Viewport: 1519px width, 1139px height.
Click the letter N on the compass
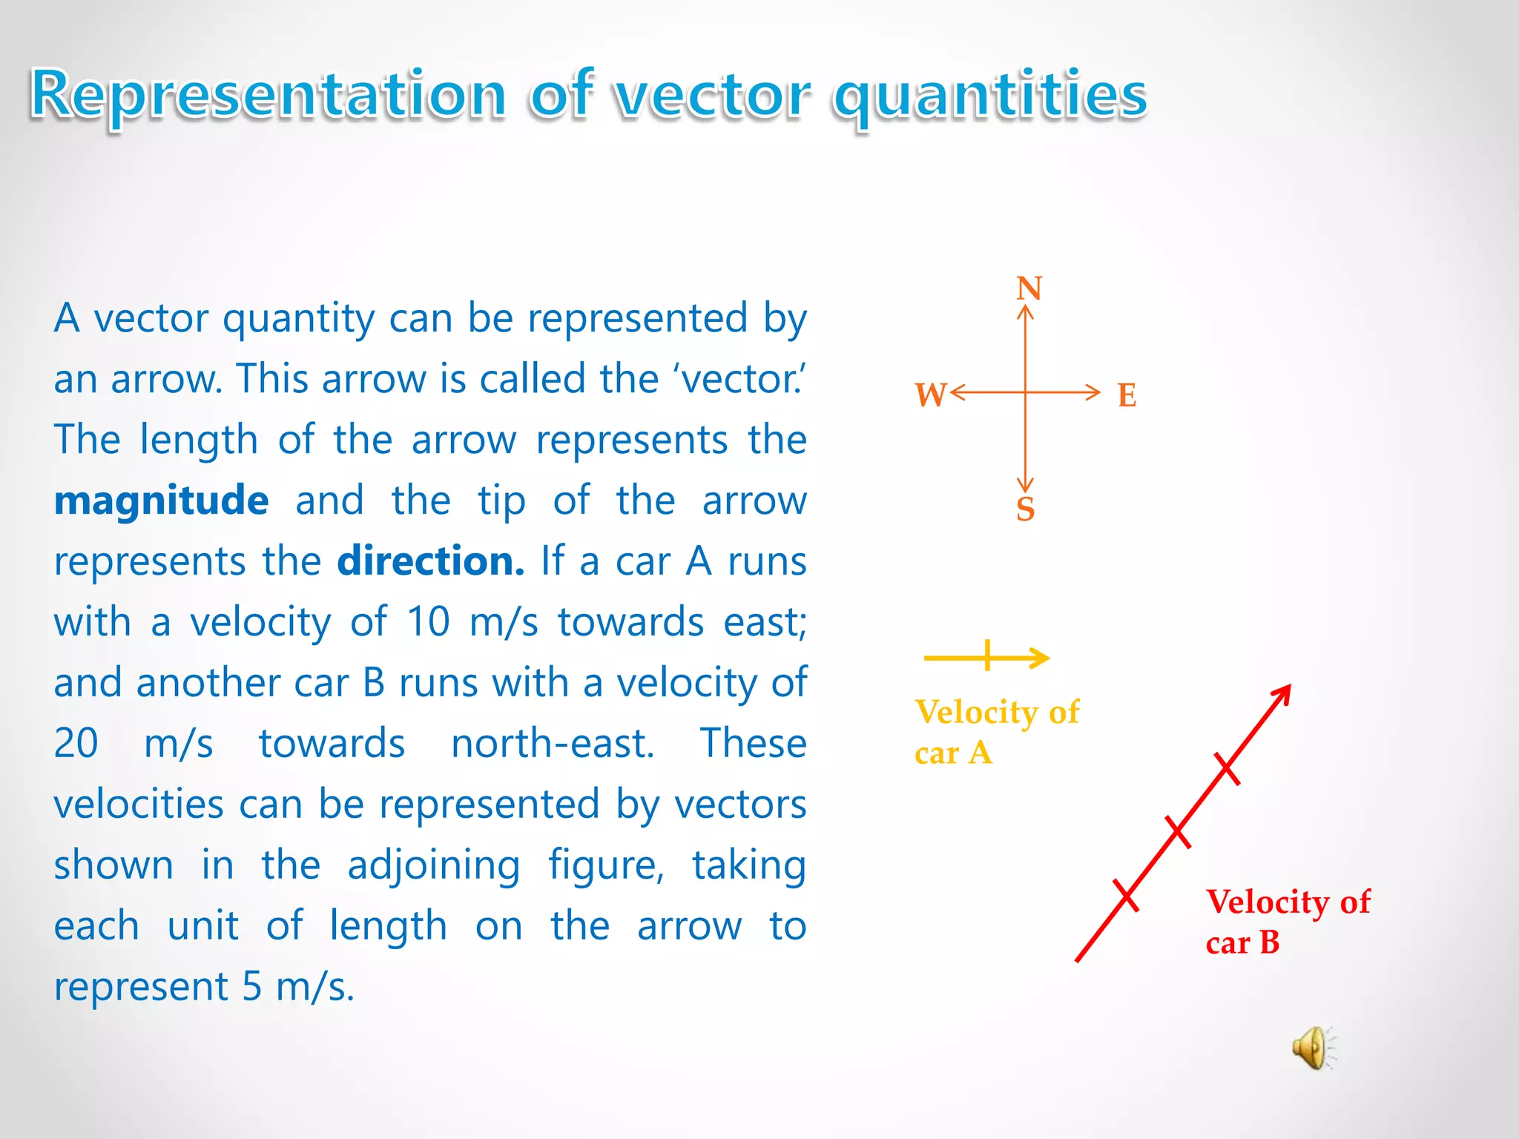pos(1029,288)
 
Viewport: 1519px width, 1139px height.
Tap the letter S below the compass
pos(1025,509)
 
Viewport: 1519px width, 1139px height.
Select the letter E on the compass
pos(1127,395)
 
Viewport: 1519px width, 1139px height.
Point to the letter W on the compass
pos(930,395)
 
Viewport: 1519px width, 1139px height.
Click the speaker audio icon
pos(1312,1048)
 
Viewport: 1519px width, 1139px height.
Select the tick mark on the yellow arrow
pos(987,656)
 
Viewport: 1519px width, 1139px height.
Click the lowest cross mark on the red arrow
pos(1125,895)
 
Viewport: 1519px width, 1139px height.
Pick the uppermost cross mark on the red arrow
pos(1227,769)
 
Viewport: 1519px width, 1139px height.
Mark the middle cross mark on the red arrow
pos(1177,832)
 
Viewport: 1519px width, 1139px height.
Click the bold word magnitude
pos(161,501)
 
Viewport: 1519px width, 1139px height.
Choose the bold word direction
pos(430,561)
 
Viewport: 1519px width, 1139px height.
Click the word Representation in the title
pos(268,94)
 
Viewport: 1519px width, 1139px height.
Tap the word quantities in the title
pos(989,94)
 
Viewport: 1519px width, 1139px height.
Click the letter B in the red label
pos(1269,943)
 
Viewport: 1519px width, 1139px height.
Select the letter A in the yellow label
pos(980,753)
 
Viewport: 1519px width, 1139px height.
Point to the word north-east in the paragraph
pos(553,744)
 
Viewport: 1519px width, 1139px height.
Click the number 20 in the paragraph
pos(76,744)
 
